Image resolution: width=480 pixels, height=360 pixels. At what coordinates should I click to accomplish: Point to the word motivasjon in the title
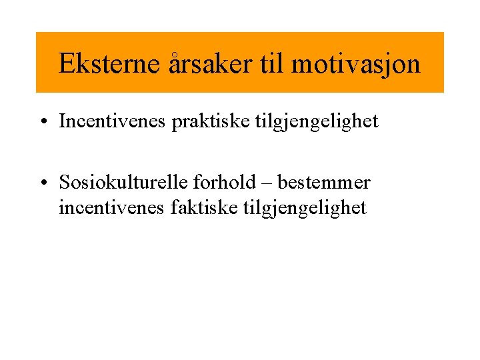tap(355, 64)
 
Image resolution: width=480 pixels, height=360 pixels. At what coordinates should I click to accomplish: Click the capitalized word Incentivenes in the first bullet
tap(113, 121)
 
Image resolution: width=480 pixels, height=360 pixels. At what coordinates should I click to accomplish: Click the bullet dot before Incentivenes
tap(43, 122)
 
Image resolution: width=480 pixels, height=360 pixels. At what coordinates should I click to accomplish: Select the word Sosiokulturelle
tap(123, 182)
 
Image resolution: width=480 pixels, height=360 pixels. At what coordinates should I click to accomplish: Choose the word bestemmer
tap(324, 182)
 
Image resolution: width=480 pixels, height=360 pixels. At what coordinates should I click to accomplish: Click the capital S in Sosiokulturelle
tap(64, 182)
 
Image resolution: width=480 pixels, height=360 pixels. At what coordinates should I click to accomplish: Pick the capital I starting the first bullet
tap(62, 121)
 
